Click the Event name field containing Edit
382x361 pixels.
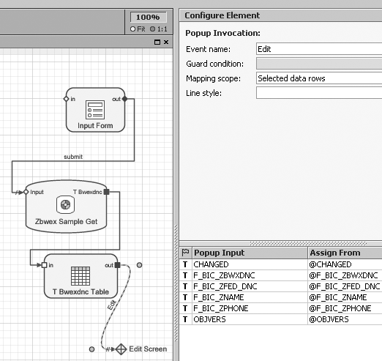(x=319, y=49)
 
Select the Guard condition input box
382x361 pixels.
(x=319, y=64)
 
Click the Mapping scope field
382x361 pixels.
(x=319, y=78)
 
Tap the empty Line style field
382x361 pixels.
(x=319, y=93)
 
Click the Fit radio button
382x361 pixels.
(x=132, y=29)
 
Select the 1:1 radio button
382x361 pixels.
(x=153, y=29)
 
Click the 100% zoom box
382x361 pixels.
(x=149, y=17)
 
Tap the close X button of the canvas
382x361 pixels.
(x=166, y=42)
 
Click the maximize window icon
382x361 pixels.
(x=157, y=42)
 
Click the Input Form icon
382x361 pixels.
(x=95, y=110)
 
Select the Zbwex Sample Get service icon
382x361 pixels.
(x=65, y=204)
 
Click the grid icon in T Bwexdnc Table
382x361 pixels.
(x=80, y=276)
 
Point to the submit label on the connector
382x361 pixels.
(x=73, y=157)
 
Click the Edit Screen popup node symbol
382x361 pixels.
(x=121, y=349)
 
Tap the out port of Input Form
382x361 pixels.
(x=124, y=99)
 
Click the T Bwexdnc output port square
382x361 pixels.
(x=106, y=192)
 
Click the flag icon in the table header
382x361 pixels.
(x=186, y=253)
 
